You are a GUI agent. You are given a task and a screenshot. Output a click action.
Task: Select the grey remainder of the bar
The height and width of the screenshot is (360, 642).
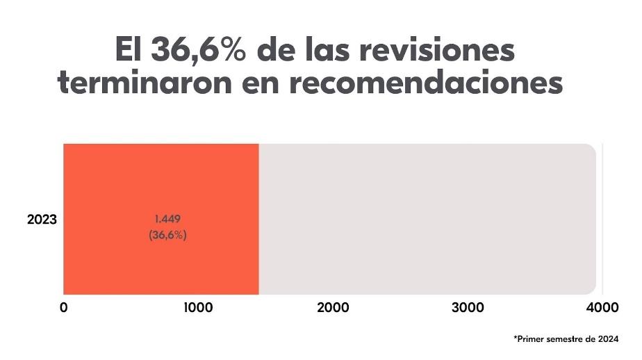tap(427, 218)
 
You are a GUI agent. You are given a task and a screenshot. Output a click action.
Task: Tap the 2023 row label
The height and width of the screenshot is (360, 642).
tap(42, 220)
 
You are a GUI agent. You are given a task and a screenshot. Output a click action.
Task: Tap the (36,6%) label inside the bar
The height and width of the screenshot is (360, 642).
tap(167, 235)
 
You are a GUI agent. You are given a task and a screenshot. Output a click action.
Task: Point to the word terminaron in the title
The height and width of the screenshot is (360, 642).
tap(149, 84)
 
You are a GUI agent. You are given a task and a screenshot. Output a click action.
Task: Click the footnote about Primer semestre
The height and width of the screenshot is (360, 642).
tap(566, 339)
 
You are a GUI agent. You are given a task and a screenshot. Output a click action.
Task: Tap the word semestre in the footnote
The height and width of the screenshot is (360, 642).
tap(560, 339)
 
